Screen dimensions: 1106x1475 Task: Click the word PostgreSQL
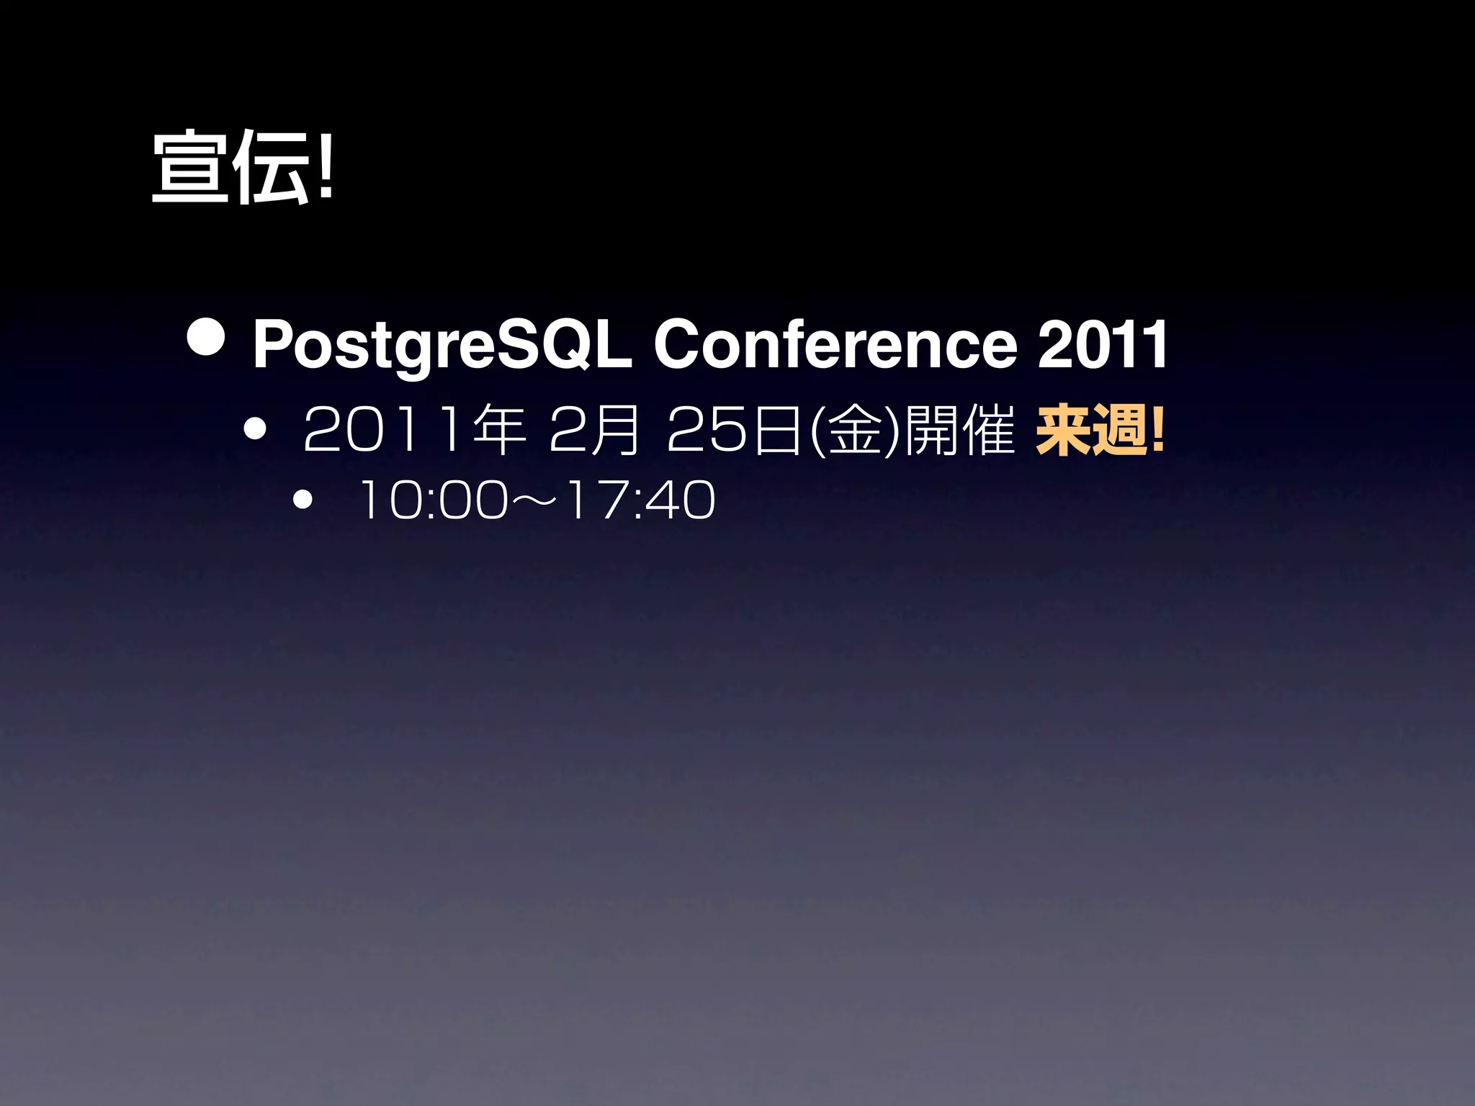click(x=441, y=346)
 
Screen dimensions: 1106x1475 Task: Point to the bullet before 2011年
click(x=255, y=430)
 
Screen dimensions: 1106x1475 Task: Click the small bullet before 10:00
click(x=303, y=499)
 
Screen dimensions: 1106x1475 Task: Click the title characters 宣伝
click(x=230, y=167)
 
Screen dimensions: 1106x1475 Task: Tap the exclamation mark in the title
click(x=326, y=166)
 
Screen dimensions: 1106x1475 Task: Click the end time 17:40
click(x=641, y=500)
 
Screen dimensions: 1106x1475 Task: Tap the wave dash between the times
click(x=537, y=500)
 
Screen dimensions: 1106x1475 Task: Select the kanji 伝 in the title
click(x=272, y=167)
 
